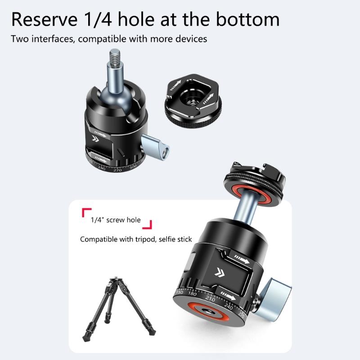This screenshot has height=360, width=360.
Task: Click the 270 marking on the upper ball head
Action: (x=118, y=170)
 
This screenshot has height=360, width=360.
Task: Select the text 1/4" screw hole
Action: (x=116, y=220)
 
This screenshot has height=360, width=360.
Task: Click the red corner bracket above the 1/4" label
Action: (x=85, y=211)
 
